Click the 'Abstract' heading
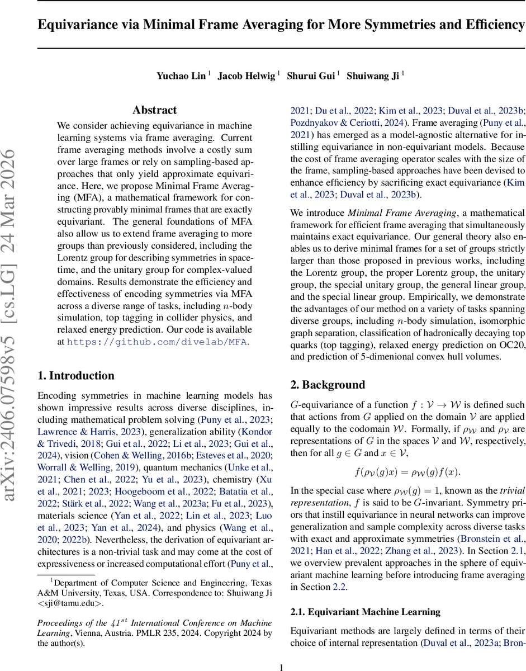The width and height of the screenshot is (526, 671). [x=154, y=110]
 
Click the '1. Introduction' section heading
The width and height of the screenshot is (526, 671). [x=75, y=376]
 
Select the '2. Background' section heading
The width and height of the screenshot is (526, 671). [x=328, y=385]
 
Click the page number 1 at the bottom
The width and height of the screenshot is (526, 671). [x=282, y=667]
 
